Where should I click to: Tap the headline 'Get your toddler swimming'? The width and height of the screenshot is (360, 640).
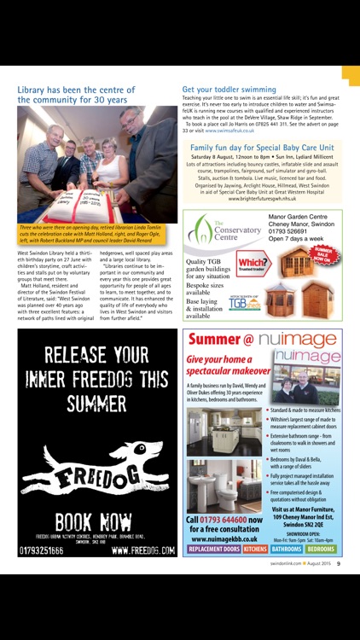click(229, 89)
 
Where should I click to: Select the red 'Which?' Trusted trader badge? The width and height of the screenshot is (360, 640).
click(253, 260)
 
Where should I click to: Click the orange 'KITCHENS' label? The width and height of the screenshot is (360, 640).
click(255, 550)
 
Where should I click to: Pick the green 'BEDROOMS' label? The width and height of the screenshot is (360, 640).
click(321, 550)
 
